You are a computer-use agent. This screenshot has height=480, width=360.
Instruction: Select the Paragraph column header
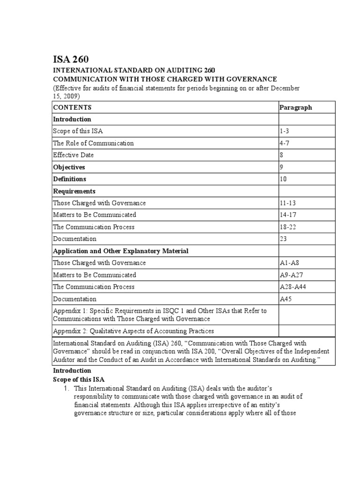[295, 107]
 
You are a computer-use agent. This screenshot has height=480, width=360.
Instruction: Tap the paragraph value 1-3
[285, 131]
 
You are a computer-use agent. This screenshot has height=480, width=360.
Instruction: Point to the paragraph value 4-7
[285, 143]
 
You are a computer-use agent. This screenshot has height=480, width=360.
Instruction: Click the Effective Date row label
[74, 155]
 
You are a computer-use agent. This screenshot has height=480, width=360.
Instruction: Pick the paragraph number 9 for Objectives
[282, 167]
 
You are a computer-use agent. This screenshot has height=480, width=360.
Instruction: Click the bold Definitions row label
[69, 179]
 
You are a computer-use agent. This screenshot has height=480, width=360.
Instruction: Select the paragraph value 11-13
[288, 203]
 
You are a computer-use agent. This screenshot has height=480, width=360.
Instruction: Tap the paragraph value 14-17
[288, 215]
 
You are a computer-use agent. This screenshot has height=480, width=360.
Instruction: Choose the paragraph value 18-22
[288, 227]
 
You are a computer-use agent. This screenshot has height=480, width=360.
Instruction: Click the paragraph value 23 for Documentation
[283, 239]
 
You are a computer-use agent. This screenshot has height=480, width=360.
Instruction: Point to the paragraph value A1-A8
[289, 263]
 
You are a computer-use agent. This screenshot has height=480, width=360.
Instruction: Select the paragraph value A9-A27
[291, 275]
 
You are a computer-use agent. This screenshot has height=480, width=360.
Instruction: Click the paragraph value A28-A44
[292, 287]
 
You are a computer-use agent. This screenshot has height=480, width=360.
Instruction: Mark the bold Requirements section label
[74, 191]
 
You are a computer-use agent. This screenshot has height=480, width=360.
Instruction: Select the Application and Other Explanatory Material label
[120, 251]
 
